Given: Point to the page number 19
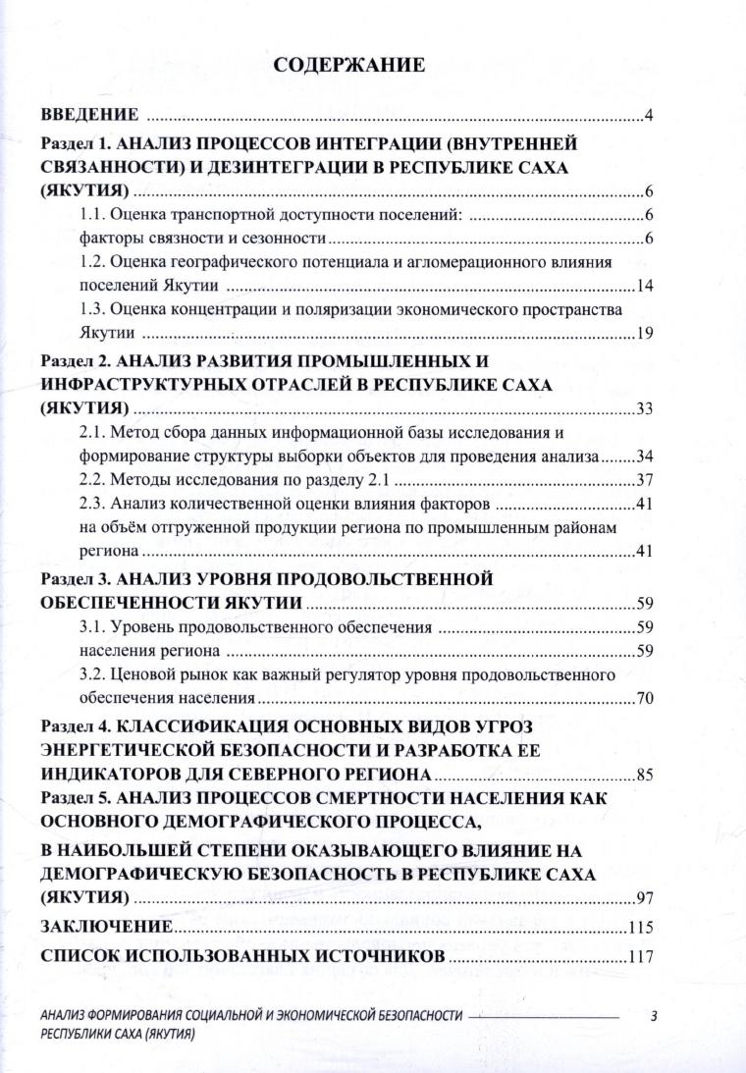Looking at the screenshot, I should pos(644,335).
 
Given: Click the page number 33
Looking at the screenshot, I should pos(644,408).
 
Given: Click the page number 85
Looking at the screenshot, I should pos(644,775).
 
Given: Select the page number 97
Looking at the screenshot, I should pos(644,897).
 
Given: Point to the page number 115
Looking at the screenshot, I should pos(640,928).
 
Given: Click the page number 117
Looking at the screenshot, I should pos(640,957).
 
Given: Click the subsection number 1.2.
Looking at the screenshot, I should pos(91,263).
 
